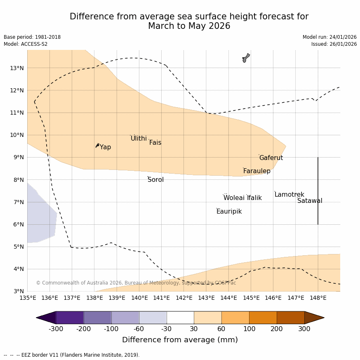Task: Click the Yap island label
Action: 105,147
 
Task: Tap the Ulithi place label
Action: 139,139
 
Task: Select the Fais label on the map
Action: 155,143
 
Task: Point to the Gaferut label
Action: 271,158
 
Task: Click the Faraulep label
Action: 256,171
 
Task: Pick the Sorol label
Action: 155,180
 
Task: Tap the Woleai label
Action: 234,198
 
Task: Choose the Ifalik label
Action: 254,198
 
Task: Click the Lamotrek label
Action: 289,195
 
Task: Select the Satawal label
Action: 310,201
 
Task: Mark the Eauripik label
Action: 229,212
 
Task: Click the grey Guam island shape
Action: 246,58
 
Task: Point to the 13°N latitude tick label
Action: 16,68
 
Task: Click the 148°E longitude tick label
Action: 318,298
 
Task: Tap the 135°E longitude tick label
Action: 28,298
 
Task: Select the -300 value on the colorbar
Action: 56,329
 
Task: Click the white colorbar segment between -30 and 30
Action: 180,318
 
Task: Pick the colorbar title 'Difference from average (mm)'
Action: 180,340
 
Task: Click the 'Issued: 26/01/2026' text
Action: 334,44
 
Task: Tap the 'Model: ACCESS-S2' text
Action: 26,44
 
